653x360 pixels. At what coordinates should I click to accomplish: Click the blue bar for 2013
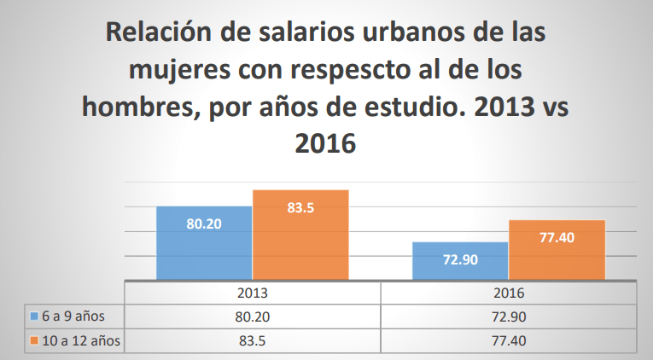(x=204, y=243)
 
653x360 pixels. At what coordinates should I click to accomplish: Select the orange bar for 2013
(x=300, y=235)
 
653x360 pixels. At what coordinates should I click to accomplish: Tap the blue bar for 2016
(x=460, y=261)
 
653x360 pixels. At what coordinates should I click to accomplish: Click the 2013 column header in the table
(x=253, y=292)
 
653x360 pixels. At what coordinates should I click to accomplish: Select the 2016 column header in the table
(x=508, y=292)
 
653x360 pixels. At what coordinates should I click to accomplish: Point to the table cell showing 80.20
(x=253, y=316)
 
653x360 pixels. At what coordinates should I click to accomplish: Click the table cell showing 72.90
(x=508, y=316)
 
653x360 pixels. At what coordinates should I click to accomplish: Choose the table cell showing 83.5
(x=253, y=341)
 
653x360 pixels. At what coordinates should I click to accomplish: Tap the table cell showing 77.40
(x=508, y=341)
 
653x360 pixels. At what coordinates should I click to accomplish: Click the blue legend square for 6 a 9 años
(x=34, y=316)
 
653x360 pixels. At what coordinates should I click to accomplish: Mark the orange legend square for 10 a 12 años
(x=34, y=341)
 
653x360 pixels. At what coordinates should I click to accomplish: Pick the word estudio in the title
(x=410, y=107)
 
